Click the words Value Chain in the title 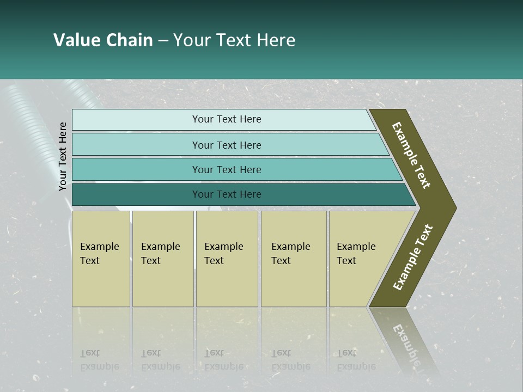click(103, 40)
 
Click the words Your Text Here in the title click(234, 40)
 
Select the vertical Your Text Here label click(63, 157)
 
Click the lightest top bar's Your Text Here click(227, 119)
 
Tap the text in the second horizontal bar click(227, 145)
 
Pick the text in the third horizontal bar click(227, 169)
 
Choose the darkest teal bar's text click(227, 194)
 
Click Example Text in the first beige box click(99, 254)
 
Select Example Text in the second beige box click(160, 254)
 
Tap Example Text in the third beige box click(223, 254)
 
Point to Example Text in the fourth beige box click(290, 254)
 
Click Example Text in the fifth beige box click(356, 254)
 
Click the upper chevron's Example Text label click(411, 155)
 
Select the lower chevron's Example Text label click(413, 258)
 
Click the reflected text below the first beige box click(99, 360)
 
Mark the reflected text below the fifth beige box click(356, 360)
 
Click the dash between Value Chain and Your click(163, 41)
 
